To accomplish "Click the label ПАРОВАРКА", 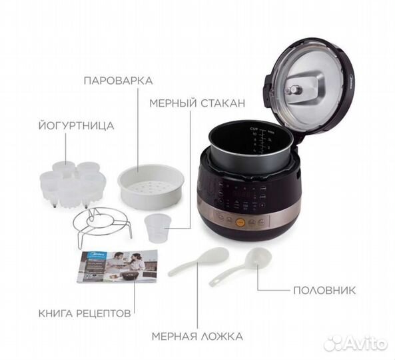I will [x=119, y=81].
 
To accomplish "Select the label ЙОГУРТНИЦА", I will [x=76, y=125].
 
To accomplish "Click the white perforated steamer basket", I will [x=151, y=187].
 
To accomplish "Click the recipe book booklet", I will [x=117, y=266].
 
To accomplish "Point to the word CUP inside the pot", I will [x=254, y=128].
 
